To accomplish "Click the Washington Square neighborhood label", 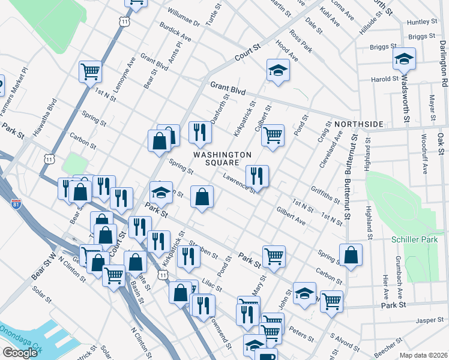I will click(x=222, y=159).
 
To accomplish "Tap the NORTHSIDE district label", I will click(x=359, y=124).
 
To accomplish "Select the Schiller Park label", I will click(x=411, y=239).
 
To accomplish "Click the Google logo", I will click(x=20, y=352).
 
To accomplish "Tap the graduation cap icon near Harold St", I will click(x=404, y=59).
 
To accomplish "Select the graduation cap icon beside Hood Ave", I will click(x=278, y=70).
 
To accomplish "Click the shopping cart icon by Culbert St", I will click(x=273, y=134).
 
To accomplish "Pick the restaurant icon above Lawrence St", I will click(x=257, y=175).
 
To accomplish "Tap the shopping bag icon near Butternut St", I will click(x=351, y=254).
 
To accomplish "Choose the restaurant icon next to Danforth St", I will click(x=200, y=131).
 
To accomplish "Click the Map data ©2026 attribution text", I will click(x=423, y=355).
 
